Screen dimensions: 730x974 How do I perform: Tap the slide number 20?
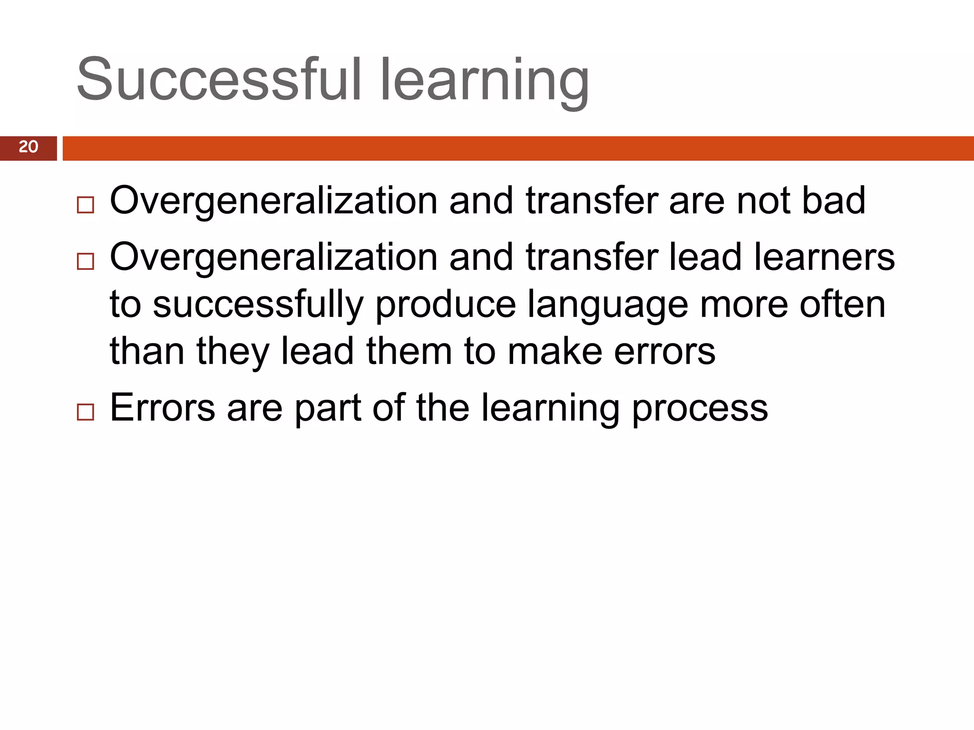point(29,147)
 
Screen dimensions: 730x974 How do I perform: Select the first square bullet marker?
point(86,205)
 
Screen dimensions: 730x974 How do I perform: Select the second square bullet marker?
point(86,261)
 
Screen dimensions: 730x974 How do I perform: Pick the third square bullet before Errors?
point(86,412)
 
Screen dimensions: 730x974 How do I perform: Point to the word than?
point(147,351)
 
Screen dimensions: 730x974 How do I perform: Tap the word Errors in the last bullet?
point(162,408)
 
